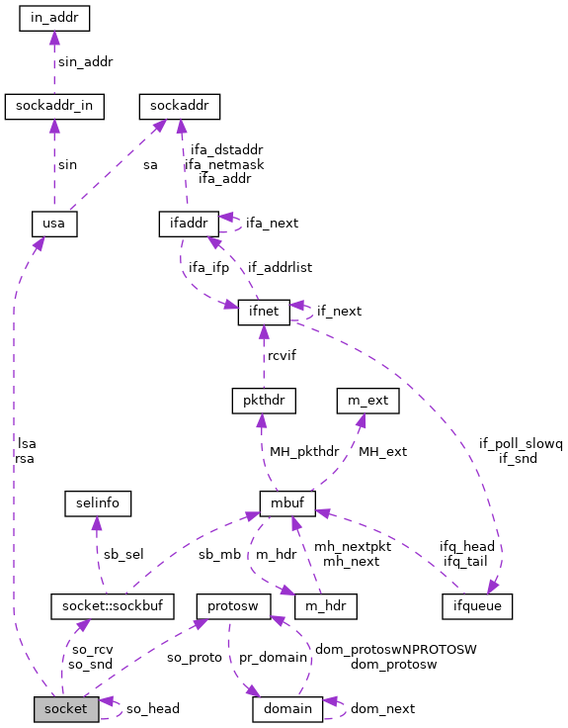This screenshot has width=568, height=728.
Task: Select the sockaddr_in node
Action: [x=54, y=105]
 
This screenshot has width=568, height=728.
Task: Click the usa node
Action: [x=54, y=224]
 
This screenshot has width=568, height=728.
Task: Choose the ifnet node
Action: [x=264, y=313]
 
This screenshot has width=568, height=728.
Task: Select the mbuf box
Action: [x=287, y=503]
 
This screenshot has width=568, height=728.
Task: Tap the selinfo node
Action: [x=97, y=503]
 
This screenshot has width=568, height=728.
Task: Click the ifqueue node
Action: [x=477, y=605]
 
